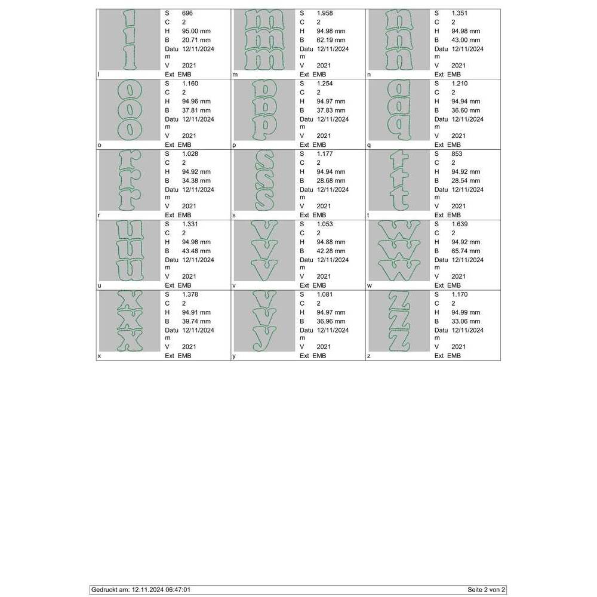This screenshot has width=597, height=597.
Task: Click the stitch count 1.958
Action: pyautogui.click(x=325, y=13)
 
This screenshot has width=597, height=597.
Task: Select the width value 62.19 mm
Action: pyautogui.click(x=331, y=40)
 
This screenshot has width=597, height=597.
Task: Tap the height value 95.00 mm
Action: pyautogui.click(x=196, y=31)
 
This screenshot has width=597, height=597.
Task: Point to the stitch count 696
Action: pyautogui.click(x=187, y=13)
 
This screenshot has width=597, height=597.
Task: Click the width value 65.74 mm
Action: pyautogui.click(x=466, y=251)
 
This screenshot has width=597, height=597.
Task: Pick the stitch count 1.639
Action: pyautogui.click(x=460, y=224)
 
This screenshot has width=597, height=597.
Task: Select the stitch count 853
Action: pyautogui.click(x=457, y=153)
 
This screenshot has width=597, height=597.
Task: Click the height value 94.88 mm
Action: pyautogui.click(x=331, y=242)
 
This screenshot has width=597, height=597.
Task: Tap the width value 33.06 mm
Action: pyautogui.click(x=466, y=321)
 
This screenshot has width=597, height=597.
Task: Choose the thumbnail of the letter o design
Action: pyautogui.click(x=130, y=110)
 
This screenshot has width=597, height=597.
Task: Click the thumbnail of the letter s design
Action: pyautogui.click(x=264, y=180)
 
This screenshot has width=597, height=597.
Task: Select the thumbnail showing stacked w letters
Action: pyautogui.click(x=399, y=251)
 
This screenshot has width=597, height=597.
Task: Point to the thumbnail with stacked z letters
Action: pyautogui.click(x=399, y=321)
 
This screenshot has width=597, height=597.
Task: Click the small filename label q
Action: pyautogui.click(x=368, y=145)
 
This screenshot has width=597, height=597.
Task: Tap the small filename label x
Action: pyautogui.click(x=99, y=356)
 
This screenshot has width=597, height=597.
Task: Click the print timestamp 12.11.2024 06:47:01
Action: pyautogui.click(x=161, y=590)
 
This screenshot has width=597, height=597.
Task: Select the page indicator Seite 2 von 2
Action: pyautogui.click(x=486, y=590)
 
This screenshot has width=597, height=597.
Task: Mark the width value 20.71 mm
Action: pyautogui.click(x=196, y=40)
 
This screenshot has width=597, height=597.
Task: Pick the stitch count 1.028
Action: pyautogui.click(x=190, y=153)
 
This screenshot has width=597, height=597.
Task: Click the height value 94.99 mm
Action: pyautogui.click(x=466, y=312)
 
